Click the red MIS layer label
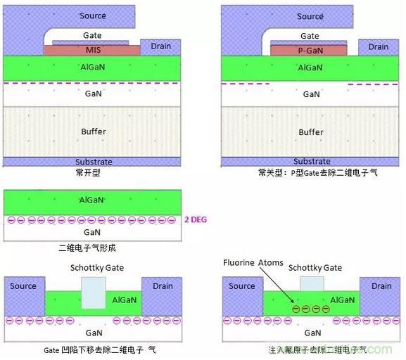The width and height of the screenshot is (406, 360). (93, 50)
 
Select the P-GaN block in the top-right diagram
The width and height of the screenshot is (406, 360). (309, 50)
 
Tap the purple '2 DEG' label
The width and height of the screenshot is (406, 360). (196, 220)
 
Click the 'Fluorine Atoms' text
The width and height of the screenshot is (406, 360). (253, 263)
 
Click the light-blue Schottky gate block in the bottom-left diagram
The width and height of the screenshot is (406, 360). (94, 292)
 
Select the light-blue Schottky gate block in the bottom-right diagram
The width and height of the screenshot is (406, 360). (312, 283)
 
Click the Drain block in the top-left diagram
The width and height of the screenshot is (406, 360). (160, 47)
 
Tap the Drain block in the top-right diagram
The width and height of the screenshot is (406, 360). (379, 48)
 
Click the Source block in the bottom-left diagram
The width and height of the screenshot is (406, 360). (25, 296)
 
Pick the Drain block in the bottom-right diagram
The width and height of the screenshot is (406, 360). (380, 297)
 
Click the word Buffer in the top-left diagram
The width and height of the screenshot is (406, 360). (94, 131)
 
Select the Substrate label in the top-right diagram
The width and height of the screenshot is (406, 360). (312, 162)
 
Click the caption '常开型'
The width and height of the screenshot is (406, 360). (88, 173)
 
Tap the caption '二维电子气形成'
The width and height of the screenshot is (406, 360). (87, 248)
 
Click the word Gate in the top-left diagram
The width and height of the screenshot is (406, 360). (92, 35)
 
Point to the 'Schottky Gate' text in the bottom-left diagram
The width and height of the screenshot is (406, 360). (97, 268)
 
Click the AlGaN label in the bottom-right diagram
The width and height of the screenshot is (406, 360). (342, 300)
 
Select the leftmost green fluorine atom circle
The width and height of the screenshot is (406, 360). (296, 309)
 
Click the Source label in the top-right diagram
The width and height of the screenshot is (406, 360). (310, 16)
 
